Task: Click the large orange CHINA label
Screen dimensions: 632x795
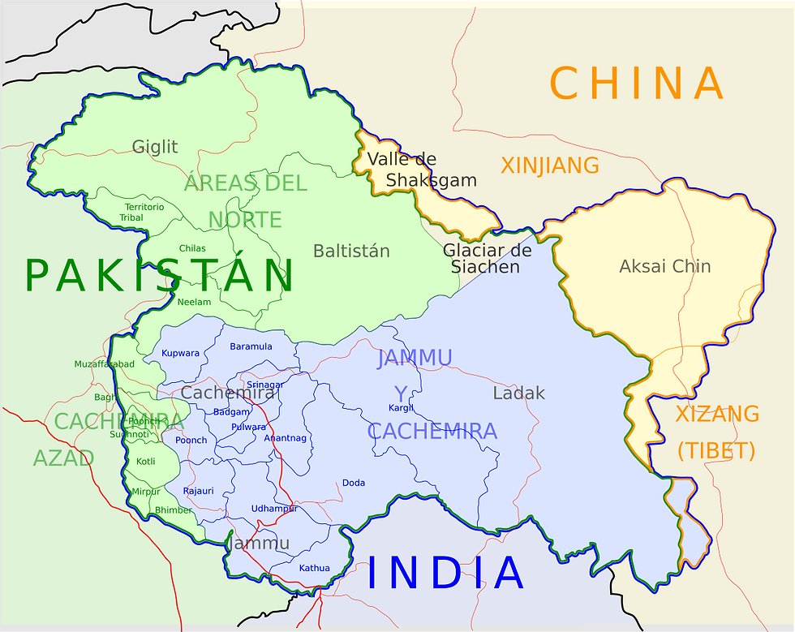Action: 637,84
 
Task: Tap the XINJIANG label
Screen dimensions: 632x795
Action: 550,166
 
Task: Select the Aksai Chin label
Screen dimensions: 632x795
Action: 664,266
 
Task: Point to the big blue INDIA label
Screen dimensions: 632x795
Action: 445,573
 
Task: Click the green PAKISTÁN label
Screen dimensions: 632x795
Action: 159,275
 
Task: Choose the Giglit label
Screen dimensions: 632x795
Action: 155,147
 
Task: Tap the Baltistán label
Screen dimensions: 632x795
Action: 351,251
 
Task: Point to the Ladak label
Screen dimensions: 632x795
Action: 518,393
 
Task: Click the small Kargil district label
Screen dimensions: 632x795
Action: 401,408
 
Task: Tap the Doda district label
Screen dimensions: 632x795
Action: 354,483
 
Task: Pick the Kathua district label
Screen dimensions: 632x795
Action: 315,568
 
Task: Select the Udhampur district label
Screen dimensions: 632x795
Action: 274,509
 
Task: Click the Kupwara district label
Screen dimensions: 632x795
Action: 180,353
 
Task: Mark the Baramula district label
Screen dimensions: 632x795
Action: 251,346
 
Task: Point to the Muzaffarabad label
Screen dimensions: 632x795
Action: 105,364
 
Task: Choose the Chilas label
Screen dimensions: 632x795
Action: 192,248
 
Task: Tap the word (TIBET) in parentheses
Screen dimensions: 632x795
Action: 716,450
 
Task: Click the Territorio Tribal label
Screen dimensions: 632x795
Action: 139,213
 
